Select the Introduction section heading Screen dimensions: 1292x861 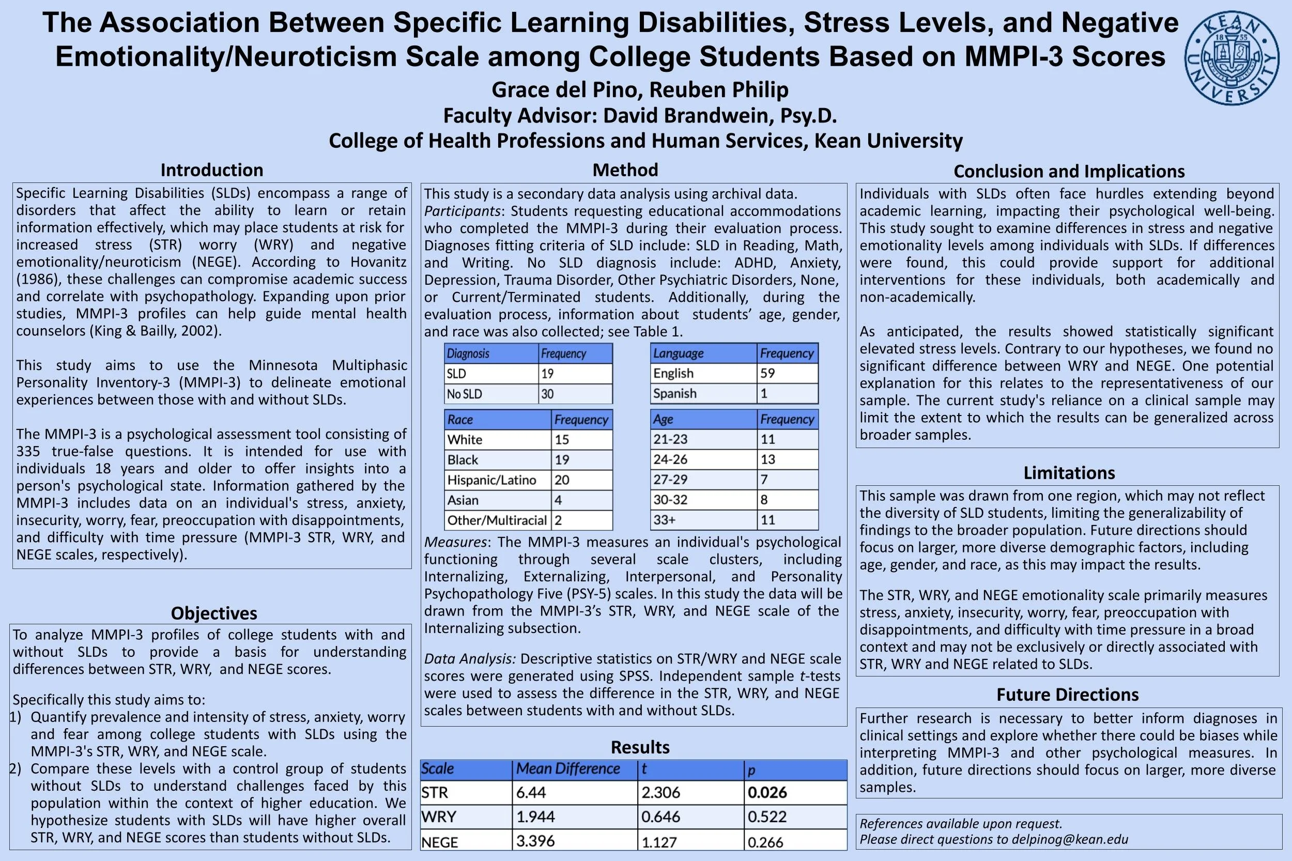(x=212, y=170)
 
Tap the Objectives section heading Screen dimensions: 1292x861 (x=214, y=613)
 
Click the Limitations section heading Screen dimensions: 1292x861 (x=1069, y=473)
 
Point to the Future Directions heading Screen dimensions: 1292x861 (x=1067, y=695)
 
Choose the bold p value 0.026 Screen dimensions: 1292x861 (x=767, y=792)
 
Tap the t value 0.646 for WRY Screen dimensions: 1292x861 (x=660, y=817)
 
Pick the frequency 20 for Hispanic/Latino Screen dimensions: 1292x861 (x=562, y=480)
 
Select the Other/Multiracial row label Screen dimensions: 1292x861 (x=497, y=520)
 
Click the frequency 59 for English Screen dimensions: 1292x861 (x=767, y=373)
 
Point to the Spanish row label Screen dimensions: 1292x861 (x=675, y=394)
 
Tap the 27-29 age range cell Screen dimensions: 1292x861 (x=670, y=480)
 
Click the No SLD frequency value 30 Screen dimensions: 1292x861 (x=547, y=394)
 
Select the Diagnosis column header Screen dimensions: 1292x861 (x=468, y=353)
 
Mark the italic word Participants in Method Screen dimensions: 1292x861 (x=463, y=211)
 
